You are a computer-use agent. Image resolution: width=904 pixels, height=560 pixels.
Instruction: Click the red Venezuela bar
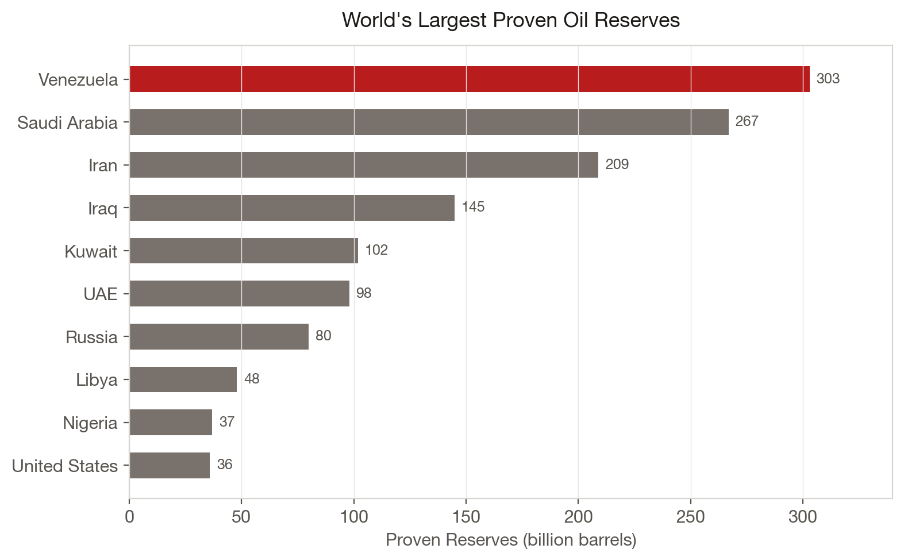pyautogui.click(x=469, y=79)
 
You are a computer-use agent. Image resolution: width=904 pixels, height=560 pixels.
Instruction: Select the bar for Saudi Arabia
pyautogui.click(x=429, y=122)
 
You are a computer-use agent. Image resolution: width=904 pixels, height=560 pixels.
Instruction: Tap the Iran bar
pyautogui.click(x=364, y=165)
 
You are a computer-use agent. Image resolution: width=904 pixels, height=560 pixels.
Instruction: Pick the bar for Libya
pyautogui.click(x=183, y=379)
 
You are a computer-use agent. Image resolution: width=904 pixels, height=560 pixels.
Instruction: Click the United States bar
pyautogui.click(x=170, y=465)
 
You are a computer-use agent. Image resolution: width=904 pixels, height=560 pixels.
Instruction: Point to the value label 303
pyautogui.click(x=828, y=79)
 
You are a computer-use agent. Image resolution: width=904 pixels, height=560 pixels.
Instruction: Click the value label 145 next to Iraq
pyautogui.click(x=473, y=207)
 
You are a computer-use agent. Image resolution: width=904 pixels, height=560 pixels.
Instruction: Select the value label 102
pyautogui.click(x=376, y=250)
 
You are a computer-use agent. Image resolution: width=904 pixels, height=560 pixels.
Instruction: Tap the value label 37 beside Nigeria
pyautogui.click(x=227, y=422)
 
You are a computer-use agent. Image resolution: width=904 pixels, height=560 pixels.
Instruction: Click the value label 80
pyautogui.click(x=323, y=336)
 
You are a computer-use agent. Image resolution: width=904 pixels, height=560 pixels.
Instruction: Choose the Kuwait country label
pyautogui.click(x=91, y=251)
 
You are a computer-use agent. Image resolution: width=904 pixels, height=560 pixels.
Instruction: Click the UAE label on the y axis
pyautogui.click(x=100, y=294)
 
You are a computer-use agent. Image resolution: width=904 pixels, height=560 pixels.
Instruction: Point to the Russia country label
pyautogui.click(x=91, y=337)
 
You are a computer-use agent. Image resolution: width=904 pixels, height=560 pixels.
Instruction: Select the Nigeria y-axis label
pyautogui.click(x=90, y=423)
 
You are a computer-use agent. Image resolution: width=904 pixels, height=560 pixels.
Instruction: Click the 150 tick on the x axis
pyautogui.click(x=466, y=517)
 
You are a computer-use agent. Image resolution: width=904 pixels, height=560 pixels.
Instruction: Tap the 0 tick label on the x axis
pyautogui.click(x=129, y=517)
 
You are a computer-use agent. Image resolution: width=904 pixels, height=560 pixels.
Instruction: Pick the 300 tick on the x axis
pyautogui.click(x=803, y=517)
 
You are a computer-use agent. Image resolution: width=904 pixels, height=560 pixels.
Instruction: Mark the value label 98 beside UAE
pyautogui.click(x=363, y=293)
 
